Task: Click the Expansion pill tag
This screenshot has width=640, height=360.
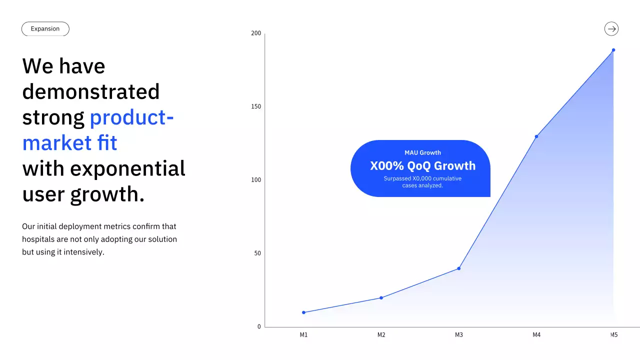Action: click(x=45, y=29)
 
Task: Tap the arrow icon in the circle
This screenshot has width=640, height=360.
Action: click(x=611, y=29)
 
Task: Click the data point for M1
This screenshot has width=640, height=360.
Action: click(x=303, y=312)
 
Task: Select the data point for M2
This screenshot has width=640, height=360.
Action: click(x=381, y=297)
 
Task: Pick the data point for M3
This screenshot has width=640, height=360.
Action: click(x=459, y=268)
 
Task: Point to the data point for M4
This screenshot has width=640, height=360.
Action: click(x=536, y=136)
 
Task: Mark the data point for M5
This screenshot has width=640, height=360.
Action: click(x=613, y=50)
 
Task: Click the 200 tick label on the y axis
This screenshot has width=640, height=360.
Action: click(x=256, y=33)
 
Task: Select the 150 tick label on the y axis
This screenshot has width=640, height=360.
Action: click(x=256, y=106)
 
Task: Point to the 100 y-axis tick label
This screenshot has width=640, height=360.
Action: click(x=256, y=180)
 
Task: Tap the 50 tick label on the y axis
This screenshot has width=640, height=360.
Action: click(x=257, y=253)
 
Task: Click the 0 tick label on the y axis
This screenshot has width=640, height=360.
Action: click(x=259, y=326)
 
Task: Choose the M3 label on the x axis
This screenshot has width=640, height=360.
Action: click(x=459, y=335)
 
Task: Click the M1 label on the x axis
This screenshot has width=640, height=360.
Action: click(x=303, y=335)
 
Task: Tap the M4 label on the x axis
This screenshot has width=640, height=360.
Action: click(x=536, y=335)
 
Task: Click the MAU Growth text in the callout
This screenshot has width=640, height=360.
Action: click(x=422, y=152)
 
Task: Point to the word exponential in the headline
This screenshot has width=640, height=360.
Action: click(x=127, y=168)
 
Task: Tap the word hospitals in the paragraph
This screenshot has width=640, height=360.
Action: click(x=38, y=239)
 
